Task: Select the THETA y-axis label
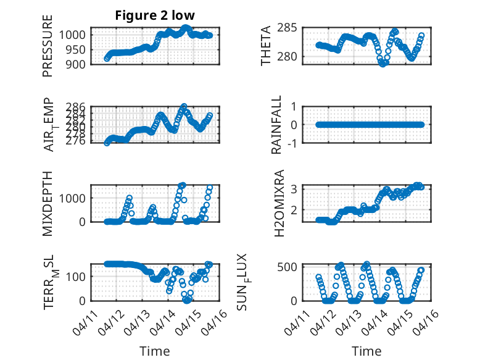tap(266, 46)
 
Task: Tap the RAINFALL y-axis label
tap(277, 125)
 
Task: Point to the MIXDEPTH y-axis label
tap(48, 203)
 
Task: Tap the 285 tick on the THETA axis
tap(289, 28)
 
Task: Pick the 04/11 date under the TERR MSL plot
tap(83, 321)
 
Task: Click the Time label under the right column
tap(366, 351)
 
